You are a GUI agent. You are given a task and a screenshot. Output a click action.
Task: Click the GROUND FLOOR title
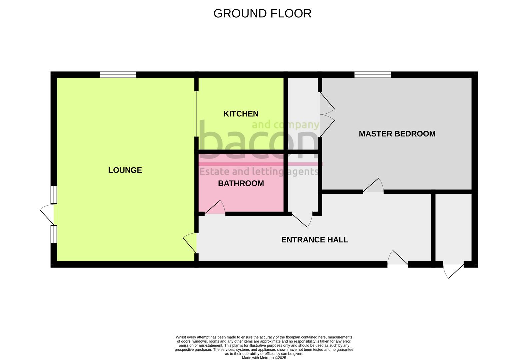tap(262, 13)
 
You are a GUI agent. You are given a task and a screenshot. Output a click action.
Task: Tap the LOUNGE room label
tap(125, 170)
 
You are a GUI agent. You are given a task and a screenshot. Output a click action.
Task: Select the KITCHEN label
tap(241, 114)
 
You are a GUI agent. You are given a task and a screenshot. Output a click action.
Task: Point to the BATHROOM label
tap(241, 183)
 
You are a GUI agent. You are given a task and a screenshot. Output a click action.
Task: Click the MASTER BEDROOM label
tap(397, 134)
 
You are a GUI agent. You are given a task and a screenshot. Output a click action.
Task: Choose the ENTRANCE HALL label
tap(315, 240)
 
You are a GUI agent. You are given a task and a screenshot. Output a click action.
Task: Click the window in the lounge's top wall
tap(118, 75)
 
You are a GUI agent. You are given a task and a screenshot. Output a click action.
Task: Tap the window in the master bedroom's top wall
tap(373, 75)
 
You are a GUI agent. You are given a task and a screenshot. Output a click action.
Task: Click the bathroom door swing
tap(215, 207)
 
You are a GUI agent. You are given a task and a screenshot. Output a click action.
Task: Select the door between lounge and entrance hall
tap(190, 243)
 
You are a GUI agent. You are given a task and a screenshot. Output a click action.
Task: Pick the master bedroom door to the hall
tap(373, 185)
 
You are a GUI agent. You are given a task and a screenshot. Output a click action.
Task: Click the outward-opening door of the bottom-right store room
tap(453, 271)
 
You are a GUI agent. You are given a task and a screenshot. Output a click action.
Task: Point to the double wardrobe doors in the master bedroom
tap(327, 115)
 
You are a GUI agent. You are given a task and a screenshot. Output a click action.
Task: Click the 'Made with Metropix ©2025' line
tap(264, 358)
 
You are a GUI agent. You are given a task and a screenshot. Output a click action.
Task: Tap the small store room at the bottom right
tap(453, 227)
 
